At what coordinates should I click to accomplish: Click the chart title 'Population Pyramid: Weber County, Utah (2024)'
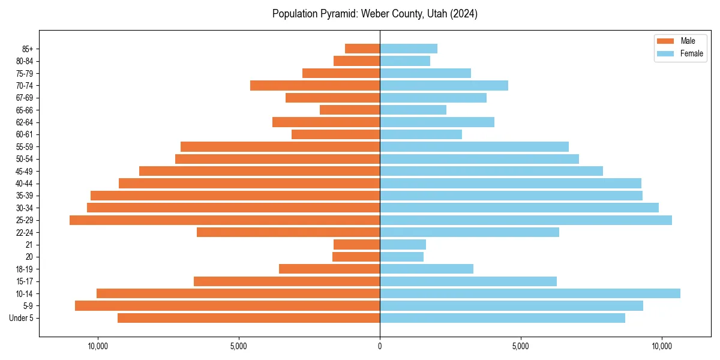coord(374,14)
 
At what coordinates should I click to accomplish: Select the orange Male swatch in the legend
coord(665,41)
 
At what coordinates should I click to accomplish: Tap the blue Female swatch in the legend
coord(665,53)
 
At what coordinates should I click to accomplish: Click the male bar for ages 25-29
coord(224,220)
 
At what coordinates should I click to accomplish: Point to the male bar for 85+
coord(362,49)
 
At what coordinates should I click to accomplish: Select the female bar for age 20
coord(401,257)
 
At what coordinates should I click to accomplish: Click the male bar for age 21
coord(356,245)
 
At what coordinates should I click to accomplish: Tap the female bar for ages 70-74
coord(444,85)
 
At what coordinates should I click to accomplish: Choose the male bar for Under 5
coord(248,318)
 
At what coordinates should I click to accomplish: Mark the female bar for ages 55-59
coord(474,147)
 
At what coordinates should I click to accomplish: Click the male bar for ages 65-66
coord(350,110)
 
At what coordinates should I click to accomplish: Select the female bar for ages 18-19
coord(427,269)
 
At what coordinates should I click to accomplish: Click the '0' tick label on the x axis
coord(380,346)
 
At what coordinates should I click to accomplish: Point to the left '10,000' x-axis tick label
coord(98,346)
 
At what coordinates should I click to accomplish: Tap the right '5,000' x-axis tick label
coord(521,346)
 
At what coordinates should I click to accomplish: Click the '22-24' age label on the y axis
coord(25,233)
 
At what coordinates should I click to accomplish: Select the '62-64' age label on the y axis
coord(25,122)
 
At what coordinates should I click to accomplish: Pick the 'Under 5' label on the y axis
coord(22,318)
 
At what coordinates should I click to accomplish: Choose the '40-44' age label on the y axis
coord(25,184)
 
